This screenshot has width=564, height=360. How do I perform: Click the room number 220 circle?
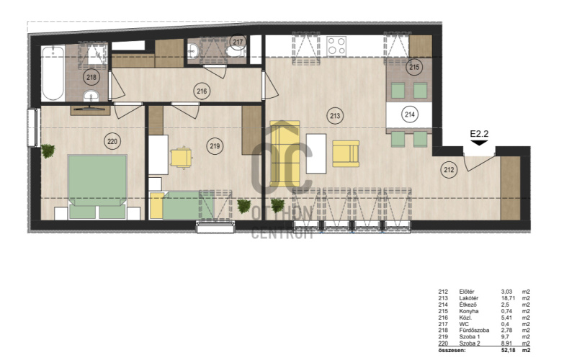[x=112, y=141]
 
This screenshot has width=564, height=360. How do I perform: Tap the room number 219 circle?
[x=215, y=146]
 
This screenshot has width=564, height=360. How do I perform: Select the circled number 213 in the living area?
[x=335, y=116]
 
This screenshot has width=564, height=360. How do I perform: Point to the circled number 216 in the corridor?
[x=202, y=91]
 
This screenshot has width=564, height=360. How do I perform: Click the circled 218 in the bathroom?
[x=91, y=77]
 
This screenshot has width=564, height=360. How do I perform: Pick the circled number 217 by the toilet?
[x=238, y=42]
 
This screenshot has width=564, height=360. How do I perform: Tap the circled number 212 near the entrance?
[x=449, y=170]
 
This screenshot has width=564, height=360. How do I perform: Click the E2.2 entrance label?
[x=479, y=134]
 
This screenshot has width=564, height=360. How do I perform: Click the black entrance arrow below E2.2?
[x=479, y=143]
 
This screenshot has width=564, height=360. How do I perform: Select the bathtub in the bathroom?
[x=53, y=73]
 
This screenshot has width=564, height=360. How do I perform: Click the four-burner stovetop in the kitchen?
[x=336, y=46]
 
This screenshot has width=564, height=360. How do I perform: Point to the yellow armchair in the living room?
[x=346, y=153]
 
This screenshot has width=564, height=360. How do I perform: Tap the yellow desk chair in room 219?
[x=182, y=158]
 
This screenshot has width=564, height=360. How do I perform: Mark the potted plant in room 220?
[x=48, y=151]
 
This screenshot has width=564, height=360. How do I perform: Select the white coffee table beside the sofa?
[x=316, y=153]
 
